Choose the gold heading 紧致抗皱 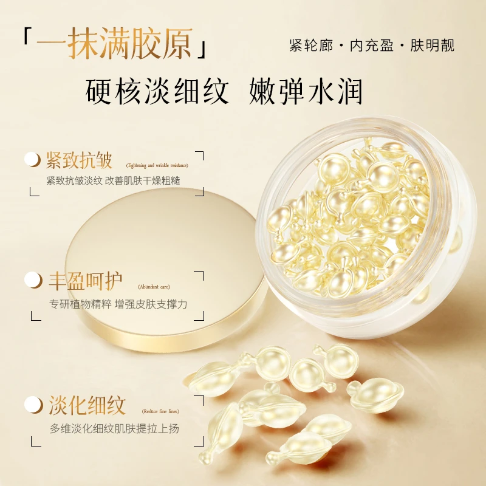pyautogui.click(x=79, y=160)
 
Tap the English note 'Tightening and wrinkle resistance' pyautogui.click(x=157, y=165)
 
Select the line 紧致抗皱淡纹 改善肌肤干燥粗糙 pyautogui.click(x=114, y=181)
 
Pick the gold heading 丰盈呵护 pyautogui.click(x=85, y=281)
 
